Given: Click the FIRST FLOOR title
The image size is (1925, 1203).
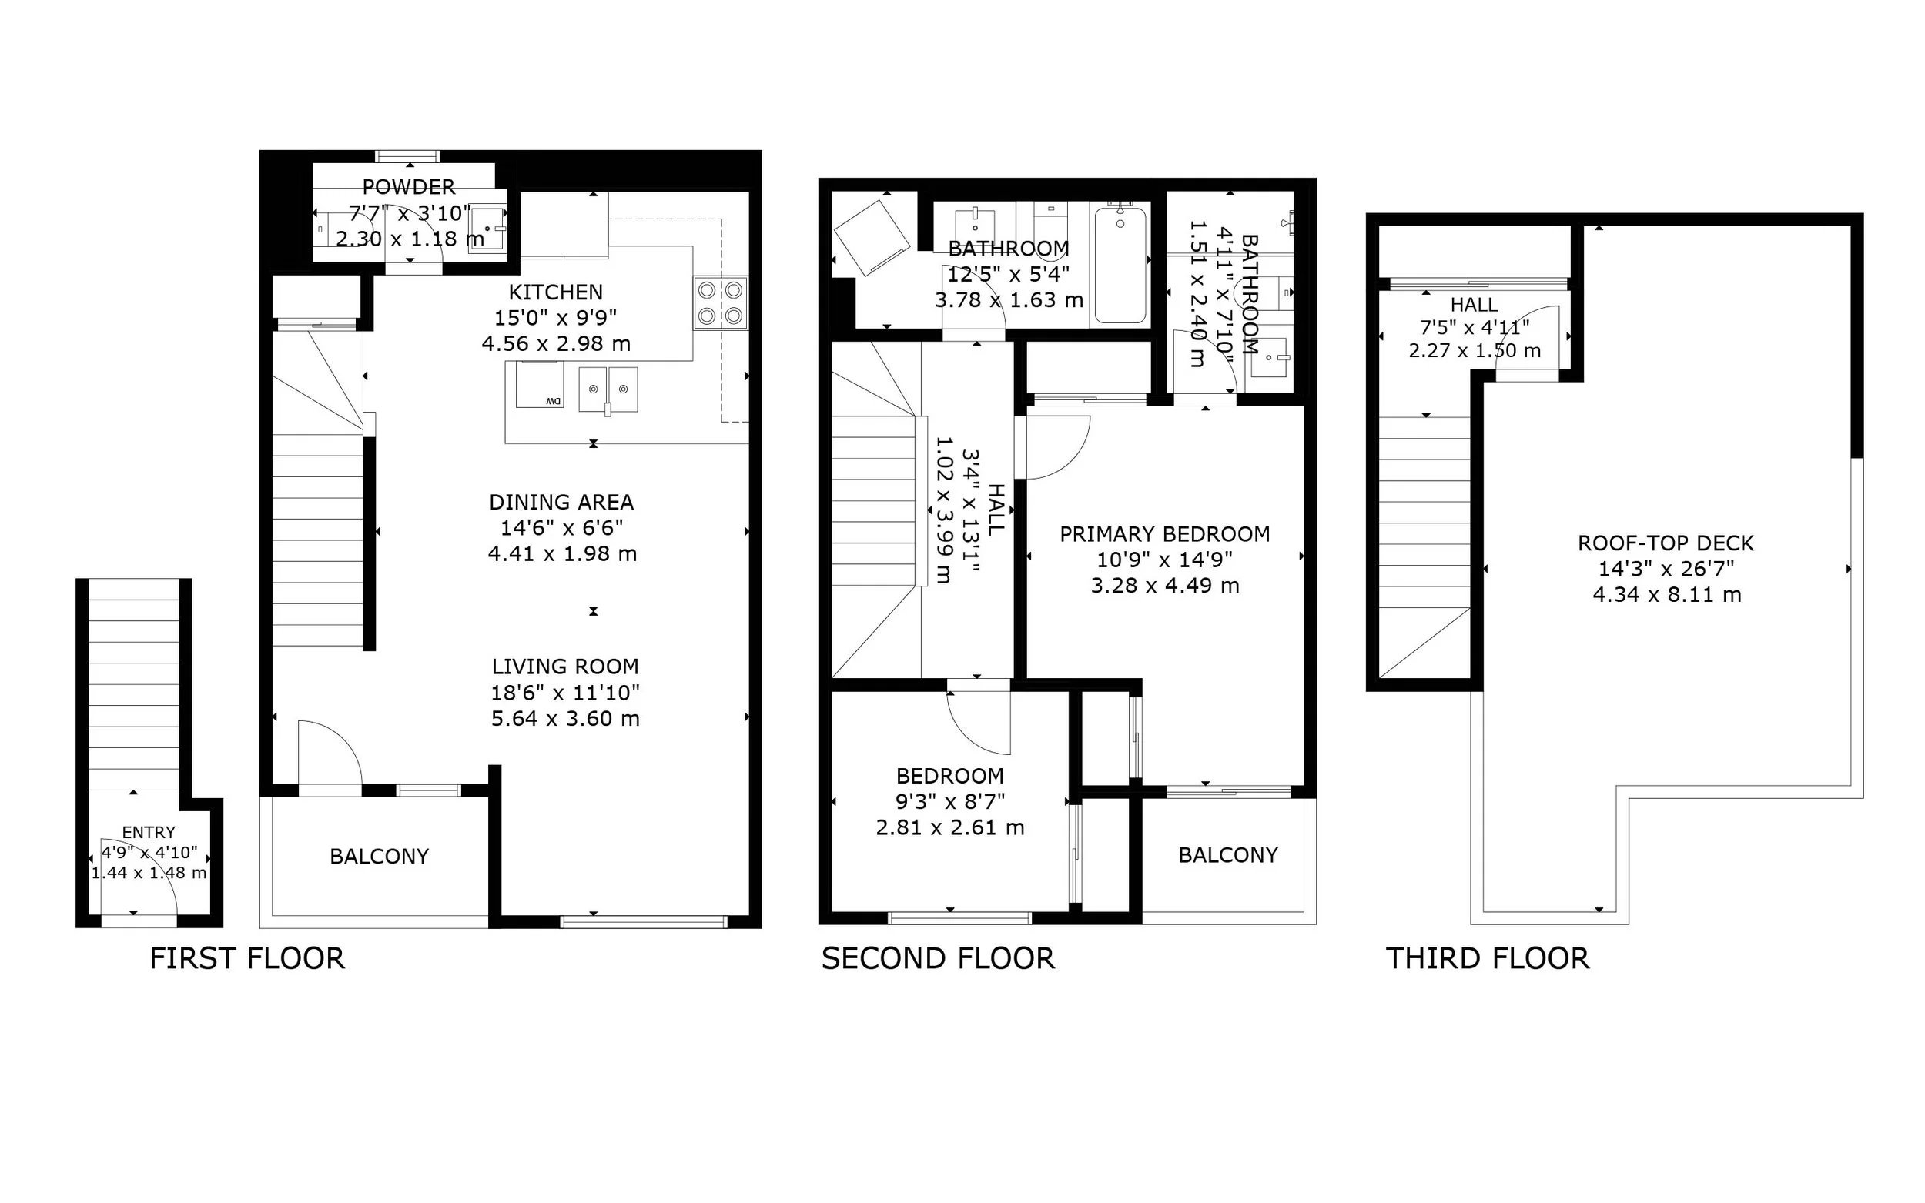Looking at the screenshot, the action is pyautogui.click(x=247, y=959).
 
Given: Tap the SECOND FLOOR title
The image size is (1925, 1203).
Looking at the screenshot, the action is pyautogui.click(x=938, y=959).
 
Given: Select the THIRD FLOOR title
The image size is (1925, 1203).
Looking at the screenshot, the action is pyautogui.click(x=1488, y=959).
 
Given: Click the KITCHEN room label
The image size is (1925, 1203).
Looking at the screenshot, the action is pyautogui.click(x=555, y=292).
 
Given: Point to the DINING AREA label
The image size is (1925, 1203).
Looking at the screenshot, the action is pyautogui.click(x=561, y=502).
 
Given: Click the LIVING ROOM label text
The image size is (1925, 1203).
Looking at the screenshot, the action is pyautogui.click(x=565, y=667).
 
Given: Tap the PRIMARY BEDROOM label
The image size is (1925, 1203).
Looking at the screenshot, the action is pyautogui.click(x=1164, y=534).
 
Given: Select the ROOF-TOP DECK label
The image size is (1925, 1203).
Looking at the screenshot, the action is pyautogui.click(x=1666, y=543).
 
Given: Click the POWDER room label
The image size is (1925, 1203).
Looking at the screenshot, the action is pyautogui.click(x=408, y=187).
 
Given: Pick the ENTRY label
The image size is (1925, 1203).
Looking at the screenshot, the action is pyautogui.click(x=149, y=832).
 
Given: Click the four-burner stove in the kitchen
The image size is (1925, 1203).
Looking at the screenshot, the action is pyautogui.click(x=720, y=302).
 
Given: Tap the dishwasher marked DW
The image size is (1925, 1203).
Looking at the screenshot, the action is pyautogui.click(x=540, y=384).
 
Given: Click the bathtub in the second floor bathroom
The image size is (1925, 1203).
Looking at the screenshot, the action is pyautogui.click(x=1120, y=264).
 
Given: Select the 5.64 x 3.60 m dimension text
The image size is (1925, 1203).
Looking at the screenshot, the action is pyautogui.click(x=565, y=718).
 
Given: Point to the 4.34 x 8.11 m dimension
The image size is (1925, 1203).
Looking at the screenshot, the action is pyautogui.click(x=1667, y=594).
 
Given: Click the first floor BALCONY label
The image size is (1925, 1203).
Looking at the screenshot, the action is pyautogui.click(x=380, y=856).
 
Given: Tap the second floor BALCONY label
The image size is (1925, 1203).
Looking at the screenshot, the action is pyautogui.click(x=1228, y=855).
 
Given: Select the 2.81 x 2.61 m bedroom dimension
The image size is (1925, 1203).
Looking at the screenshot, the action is pyautogui.click(x=950, y=827).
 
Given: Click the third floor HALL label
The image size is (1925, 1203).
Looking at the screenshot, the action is pyautogui.click(x=1474, y=305).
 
